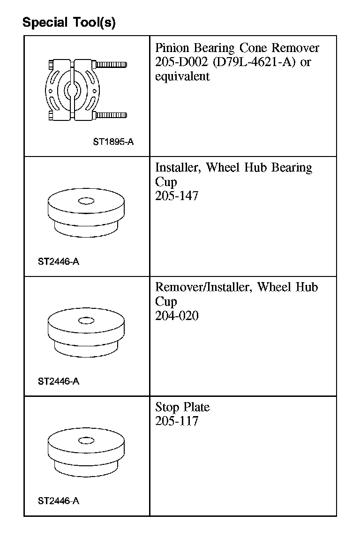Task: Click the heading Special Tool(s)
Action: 69,22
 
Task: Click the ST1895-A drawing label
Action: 113,142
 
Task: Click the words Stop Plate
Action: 182,407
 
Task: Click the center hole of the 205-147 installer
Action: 86,201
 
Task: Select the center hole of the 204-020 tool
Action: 86,321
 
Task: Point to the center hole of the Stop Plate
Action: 86,440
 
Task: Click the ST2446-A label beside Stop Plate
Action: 59,501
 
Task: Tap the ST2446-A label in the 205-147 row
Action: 59,261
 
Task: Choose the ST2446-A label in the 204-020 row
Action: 59,381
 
